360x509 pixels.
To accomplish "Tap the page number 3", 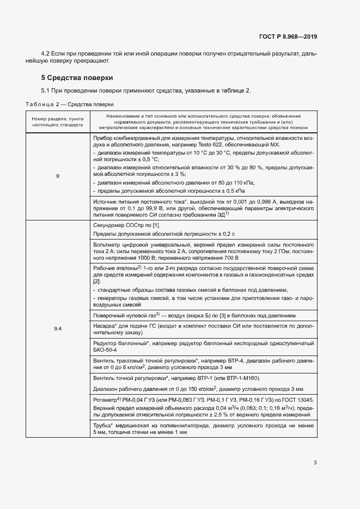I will click(315, 463).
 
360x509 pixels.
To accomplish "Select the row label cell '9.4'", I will click(58, 328).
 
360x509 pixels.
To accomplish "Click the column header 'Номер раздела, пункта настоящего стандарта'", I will click(58, 121).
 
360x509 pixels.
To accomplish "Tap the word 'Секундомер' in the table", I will click(110, 224).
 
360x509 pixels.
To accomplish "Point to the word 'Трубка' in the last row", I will click(102, 425).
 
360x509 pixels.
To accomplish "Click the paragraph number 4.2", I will click(46, 54).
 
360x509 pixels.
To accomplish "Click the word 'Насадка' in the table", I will click(105, 325).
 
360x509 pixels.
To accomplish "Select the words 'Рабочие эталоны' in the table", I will click(115, 268).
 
